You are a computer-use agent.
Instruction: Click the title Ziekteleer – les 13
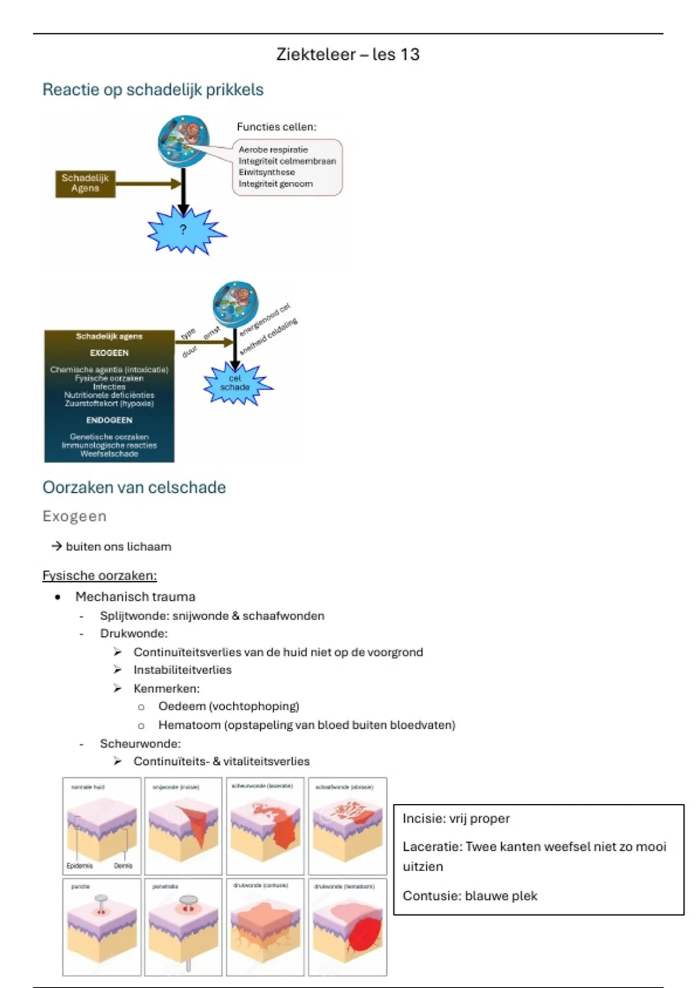347,55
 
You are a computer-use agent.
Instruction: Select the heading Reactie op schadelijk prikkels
153,90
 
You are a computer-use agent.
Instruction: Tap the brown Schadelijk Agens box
85,183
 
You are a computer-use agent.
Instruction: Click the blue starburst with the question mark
184,230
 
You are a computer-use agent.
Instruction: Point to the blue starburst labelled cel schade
235,383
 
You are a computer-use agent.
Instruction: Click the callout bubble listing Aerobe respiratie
287,167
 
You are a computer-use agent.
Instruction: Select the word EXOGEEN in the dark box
109,353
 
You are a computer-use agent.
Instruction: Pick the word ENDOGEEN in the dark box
109,420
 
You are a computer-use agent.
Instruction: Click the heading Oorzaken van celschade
134,488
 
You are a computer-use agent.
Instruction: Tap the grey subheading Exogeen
74,517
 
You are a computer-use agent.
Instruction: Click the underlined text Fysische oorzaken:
99,576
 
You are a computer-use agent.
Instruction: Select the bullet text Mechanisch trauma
135,597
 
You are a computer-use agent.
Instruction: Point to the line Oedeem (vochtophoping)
228,707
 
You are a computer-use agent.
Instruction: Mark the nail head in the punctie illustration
101,899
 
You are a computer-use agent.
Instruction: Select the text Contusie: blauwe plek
469,896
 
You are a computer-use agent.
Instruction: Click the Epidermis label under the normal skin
80,866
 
